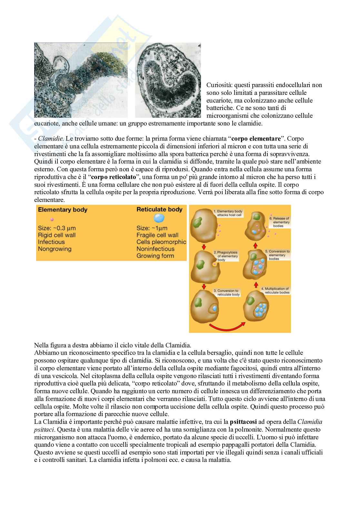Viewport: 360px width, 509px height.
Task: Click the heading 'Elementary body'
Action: [63, 210]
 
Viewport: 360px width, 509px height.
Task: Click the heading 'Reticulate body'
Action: [159, 209]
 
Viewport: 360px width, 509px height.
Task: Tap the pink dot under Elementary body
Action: [52, 219]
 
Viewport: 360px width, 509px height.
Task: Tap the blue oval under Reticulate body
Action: [159, 219]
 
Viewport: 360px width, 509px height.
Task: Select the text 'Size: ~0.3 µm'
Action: [57, 228]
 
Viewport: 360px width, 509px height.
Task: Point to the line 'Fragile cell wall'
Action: [157, 235]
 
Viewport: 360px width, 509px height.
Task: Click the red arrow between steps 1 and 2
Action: [204, 247]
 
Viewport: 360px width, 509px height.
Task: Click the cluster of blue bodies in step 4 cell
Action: [261, 309]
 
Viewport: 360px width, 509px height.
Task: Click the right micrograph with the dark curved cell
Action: [168, 80]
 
